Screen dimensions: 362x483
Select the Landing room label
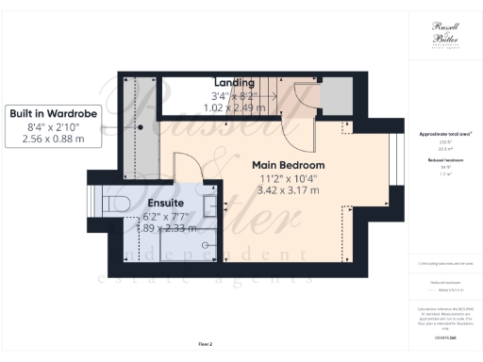235,83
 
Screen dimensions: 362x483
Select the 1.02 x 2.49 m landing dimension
235,107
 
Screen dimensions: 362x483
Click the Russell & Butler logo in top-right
440,35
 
